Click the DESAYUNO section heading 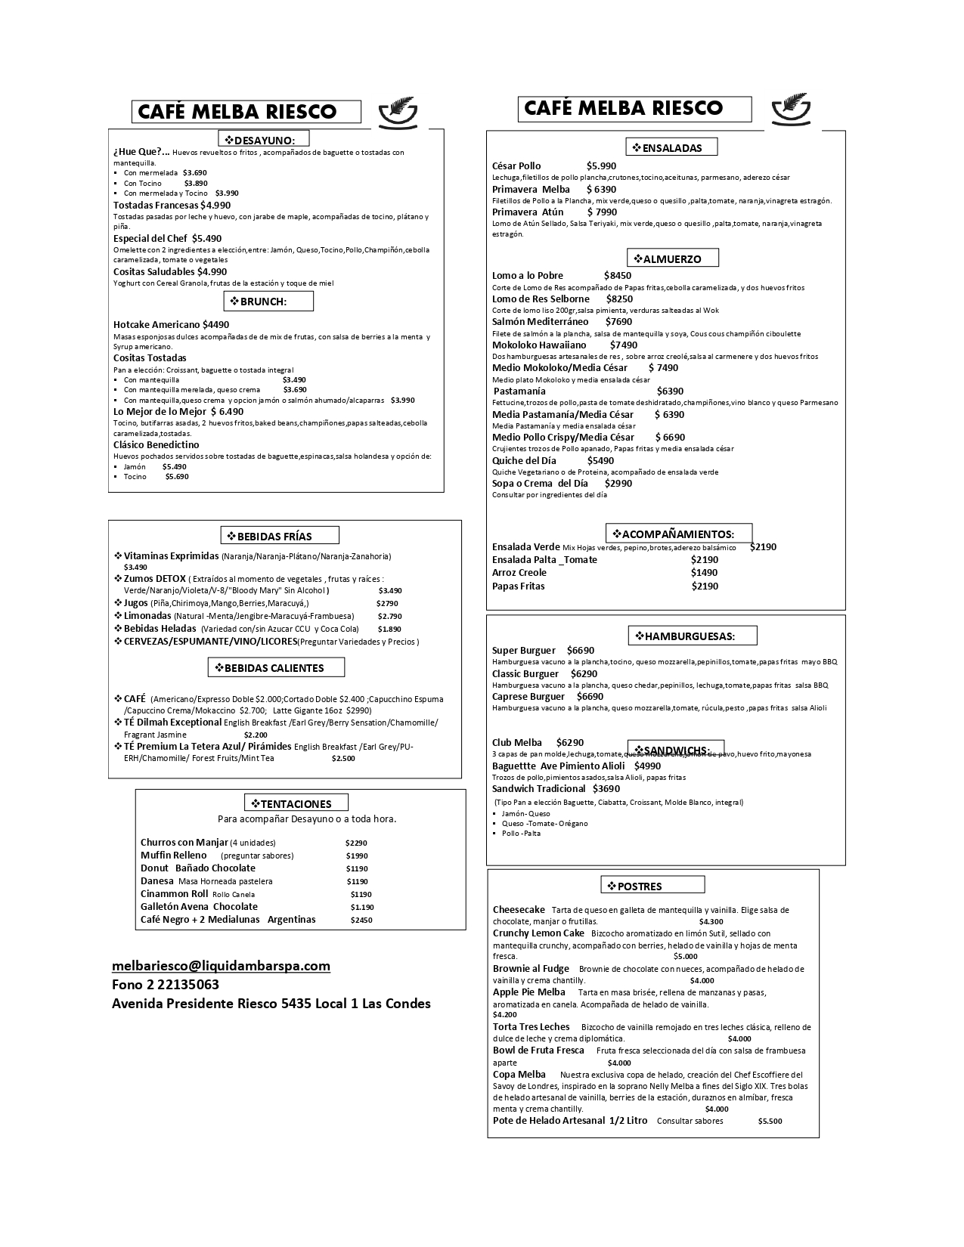click(x=265, y=140)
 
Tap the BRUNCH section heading click(x=268, y=302)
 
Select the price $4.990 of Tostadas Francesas click(x=215, y=206)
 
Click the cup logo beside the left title click(x=397, y=113)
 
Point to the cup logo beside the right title click(x=790, y=109)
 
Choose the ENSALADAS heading click(x=671, y=148)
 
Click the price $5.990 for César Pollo click(x=601, y=166)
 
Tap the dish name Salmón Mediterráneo click(x=540, y=322)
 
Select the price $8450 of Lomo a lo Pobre click(x=617, y=276)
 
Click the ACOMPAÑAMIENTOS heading click(x=678, y=534)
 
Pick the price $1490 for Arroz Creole click(x=704, y=573)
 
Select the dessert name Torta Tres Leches click(x=531, y=1027)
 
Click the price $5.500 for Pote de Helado click(x=770, y=1122)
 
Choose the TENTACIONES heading click(x=296, y=804)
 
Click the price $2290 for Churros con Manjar click(x=355, y=843)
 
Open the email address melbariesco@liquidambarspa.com click(x=221, y=966)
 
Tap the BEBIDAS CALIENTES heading click(x=274, y=668)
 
